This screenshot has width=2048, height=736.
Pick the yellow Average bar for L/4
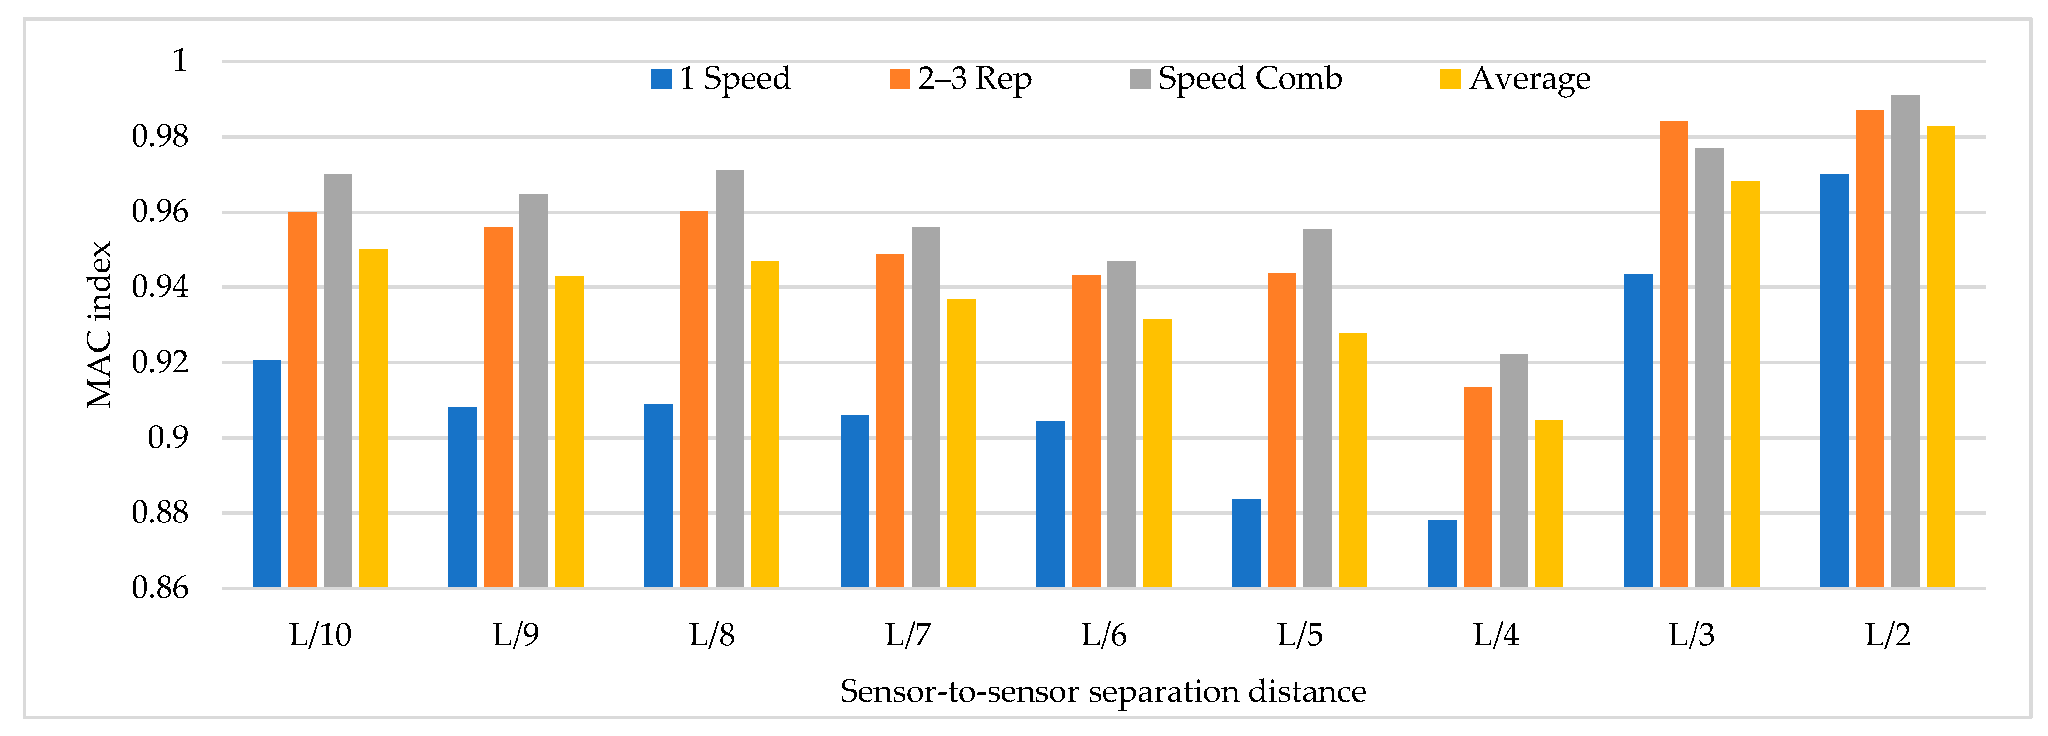click(x=1549, y=504)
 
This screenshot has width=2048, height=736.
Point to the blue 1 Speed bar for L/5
click(x=1246, y=544)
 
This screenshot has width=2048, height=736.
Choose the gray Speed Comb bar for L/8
click(x=730, y=379)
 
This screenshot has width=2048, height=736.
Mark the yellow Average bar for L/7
click(x=961, y=444)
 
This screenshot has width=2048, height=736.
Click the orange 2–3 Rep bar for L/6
click(x=1086, y=431)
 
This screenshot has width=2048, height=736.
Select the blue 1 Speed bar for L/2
click(x=1834, y=380)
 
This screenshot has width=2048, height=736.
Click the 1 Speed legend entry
click(x=720, y=79)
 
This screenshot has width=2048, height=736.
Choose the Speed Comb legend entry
click(x=1236, y=79)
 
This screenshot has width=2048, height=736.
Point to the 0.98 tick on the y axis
click(x=160, y=137)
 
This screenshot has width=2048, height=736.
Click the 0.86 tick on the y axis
click(x=160, y=588)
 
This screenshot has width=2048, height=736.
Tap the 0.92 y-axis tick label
click(x=160, y=362)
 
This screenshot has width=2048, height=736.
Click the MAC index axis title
click(x=99, y=324)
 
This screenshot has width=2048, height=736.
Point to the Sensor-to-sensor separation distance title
click(x=1103, y=691)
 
